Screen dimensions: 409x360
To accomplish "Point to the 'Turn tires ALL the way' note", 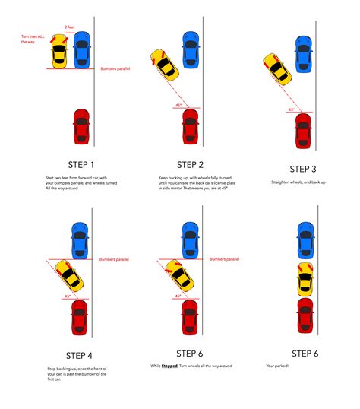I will [x=33, y=39].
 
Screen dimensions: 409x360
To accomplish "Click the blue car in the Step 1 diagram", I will [x=81, y=50].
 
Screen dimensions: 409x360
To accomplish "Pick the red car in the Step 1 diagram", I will [x=81, y=127].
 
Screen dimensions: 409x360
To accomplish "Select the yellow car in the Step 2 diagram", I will [x=166, y=65].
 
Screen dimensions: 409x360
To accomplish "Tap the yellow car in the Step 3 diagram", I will [x=276, y=68].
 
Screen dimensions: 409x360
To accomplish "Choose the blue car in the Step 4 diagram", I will [x=78, y=239].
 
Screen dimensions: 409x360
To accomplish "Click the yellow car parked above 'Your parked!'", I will [x=305, y=278].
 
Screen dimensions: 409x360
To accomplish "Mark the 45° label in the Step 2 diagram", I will [x=178, y=105].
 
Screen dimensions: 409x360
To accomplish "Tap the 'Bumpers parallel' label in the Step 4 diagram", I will [x=114, y=259].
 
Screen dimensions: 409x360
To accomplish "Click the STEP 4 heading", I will [x=80, y=354].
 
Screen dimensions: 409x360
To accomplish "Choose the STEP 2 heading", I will [x=190, y=164].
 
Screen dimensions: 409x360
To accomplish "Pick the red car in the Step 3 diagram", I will [x=303, y=131].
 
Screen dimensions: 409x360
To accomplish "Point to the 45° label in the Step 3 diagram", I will [x=291, y=109].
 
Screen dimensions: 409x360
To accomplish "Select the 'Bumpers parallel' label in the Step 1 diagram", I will [x=115, y=68].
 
